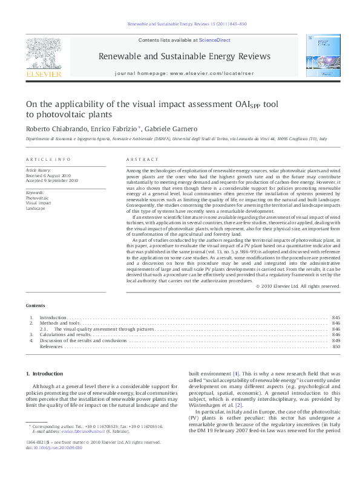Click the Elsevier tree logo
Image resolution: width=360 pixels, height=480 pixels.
43,54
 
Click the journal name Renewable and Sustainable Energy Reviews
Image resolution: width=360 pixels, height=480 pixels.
184,56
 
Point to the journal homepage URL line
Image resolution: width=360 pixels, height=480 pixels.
184,73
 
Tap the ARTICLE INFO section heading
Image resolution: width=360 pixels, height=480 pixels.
48,159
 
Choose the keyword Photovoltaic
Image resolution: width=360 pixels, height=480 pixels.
38,198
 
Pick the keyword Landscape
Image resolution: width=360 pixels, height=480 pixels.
36,207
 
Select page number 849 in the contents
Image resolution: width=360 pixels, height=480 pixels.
336,340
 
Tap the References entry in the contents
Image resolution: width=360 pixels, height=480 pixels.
52,346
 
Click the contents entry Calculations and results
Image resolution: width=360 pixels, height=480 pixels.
65,334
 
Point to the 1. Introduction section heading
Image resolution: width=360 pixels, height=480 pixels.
46,374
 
